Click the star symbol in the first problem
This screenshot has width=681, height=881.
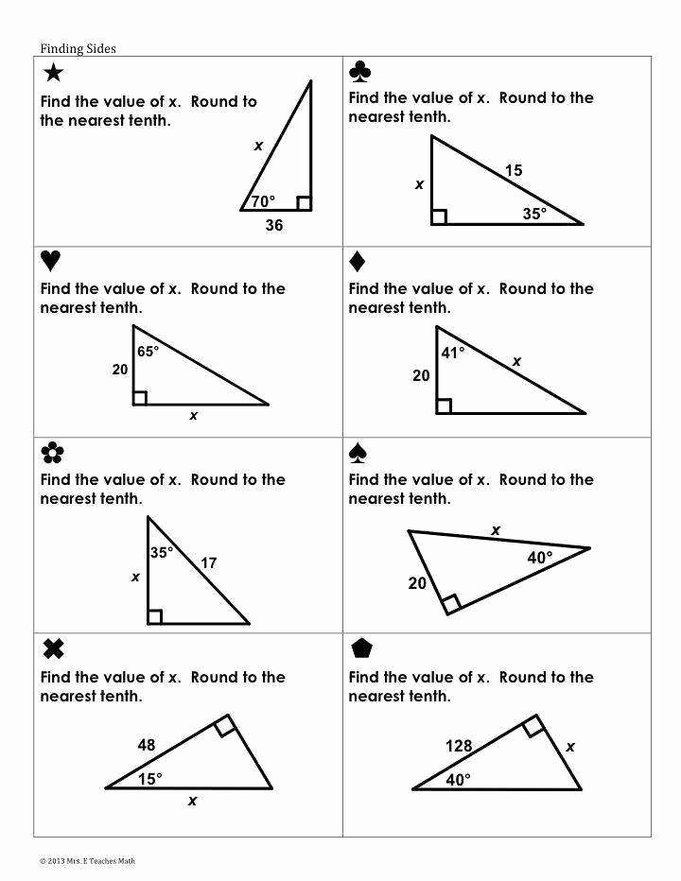[x=54, y=73]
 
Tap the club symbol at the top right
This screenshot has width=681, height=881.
[x=360, y=72]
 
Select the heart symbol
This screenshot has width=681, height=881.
[x=51, y=261]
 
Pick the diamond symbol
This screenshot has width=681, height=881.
[x=358, y=261]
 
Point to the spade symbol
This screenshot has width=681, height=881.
[x=358, y=454]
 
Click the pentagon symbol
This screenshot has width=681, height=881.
[x=360, y=649]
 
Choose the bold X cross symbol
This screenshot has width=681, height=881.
[x=54, y=649]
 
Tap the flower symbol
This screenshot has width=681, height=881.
[x=52, y=454]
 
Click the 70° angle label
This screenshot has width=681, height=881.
[x=263, y=200]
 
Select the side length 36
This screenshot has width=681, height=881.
[x=273, y=225]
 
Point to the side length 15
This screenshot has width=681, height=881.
[x=514, y=171]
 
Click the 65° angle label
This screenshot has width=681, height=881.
[x=148, y=351]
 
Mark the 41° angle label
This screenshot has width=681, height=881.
[x=453, y=353]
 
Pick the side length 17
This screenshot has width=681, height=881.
[x=209, y=563]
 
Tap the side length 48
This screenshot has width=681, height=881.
[x=146, y=745]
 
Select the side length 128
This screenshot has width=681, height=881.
[x=459, y=747]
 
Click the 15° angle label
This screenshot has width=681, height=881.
[x=149, y=778]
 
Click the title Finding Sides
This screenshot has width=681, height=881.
[x=78, y=48]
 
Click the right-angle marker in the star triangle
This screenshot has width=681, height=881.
[x=303, y=202]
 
